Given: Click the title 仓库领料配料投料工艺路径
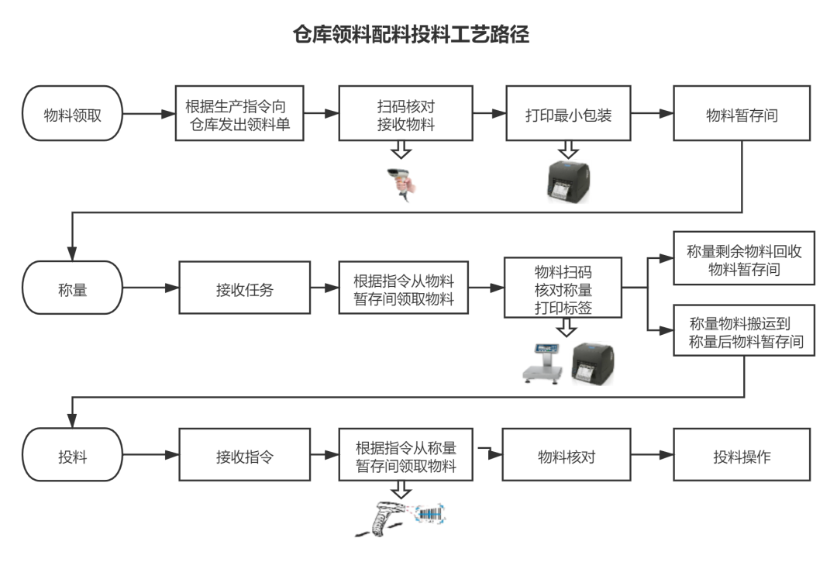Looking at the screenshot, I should coord(411,35).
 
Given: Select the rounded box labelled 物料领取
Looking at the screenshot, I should coord(73,114).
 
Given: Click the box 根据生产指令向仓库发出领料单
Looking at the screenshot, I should coord(239,114).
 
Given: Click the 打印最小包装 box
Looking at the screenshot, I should coord(570,115).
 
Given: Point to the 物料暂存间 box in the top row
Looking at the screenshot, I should coord(742,115).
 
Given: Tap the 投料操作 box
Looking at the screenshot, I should coord(742,457).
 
